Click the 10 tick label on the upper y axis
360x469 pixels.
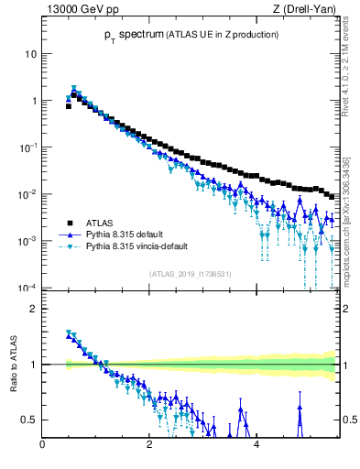pyautogui.click(x=31, y=53)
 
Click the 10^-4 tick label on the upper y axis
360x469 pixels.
pyautogui.click(x=28, y=288)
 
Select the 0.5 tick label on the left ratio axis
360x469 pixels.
pyautogui.click(x=28, y=420)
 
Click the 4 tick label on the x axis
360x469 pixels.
pyautogui.click(x=256, y=446)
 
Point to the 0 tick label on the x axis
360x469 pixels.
pyautogui.click(x=43, y=446)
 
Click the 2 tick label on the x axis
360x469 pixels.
pyautogui.click(x=149, y=446)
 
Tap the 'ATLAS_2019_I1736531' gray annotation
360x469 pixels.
pyautogui.click(x=190, y=274)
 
